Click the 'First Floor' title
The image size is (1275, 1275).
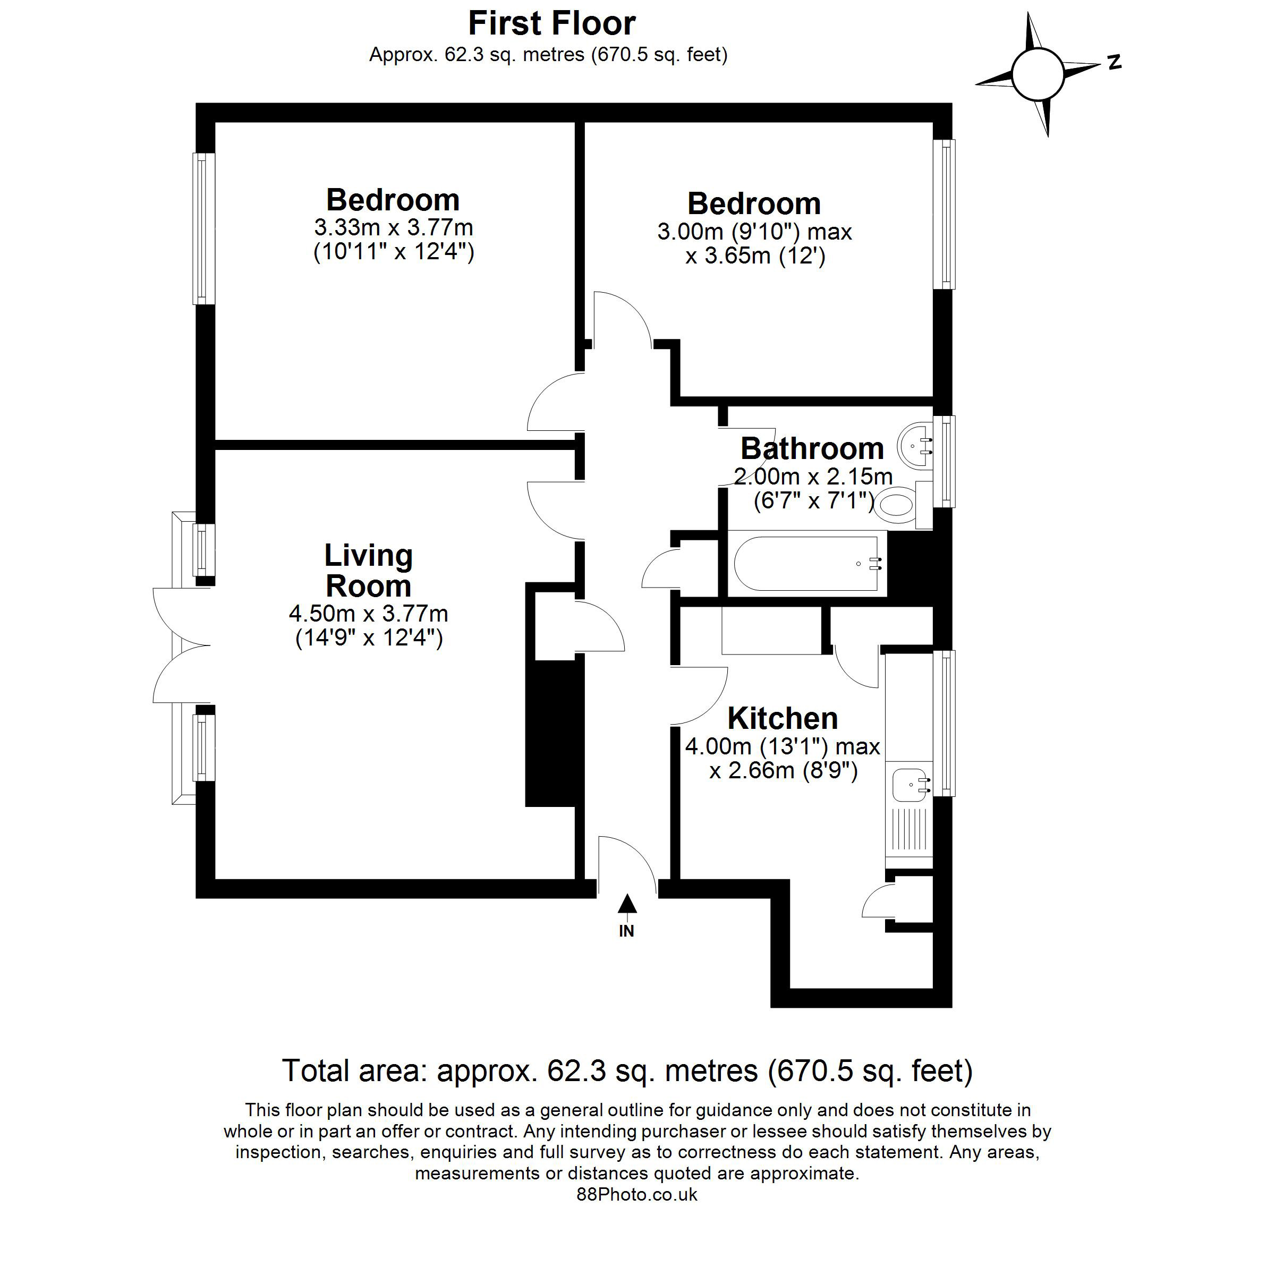coord(552,24)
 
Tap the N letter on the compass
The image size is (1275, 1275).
coord(1115,63)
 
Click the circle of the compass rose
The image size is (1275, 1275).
coord(1038,74)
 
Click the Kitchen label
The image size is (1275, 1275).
coord(783,718)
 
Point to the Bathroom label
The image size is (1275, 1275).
coord(812,449)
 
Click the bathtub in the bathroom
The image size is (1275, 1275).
coord(806,563)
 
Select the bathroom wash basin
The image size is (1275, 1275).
coord(915,446)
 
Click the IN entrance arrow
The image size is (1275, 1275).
coord(627,904)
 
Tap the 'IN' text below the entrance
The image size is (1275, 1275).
coord(626,931)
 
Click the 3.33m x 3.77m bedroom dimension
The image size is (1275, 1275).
coord(393,228)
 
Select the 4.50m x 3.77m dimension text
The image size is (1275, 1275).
coord(368,614)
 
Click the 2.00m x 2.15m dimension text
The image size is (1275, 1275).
coord(813,477)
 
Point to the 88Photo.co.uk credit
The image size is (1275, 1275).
coord(637,1194)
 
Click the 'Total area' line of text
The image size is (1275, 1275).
coord(627,1070)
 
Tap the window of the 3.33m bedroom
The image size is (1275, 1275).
coord(204,228)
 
